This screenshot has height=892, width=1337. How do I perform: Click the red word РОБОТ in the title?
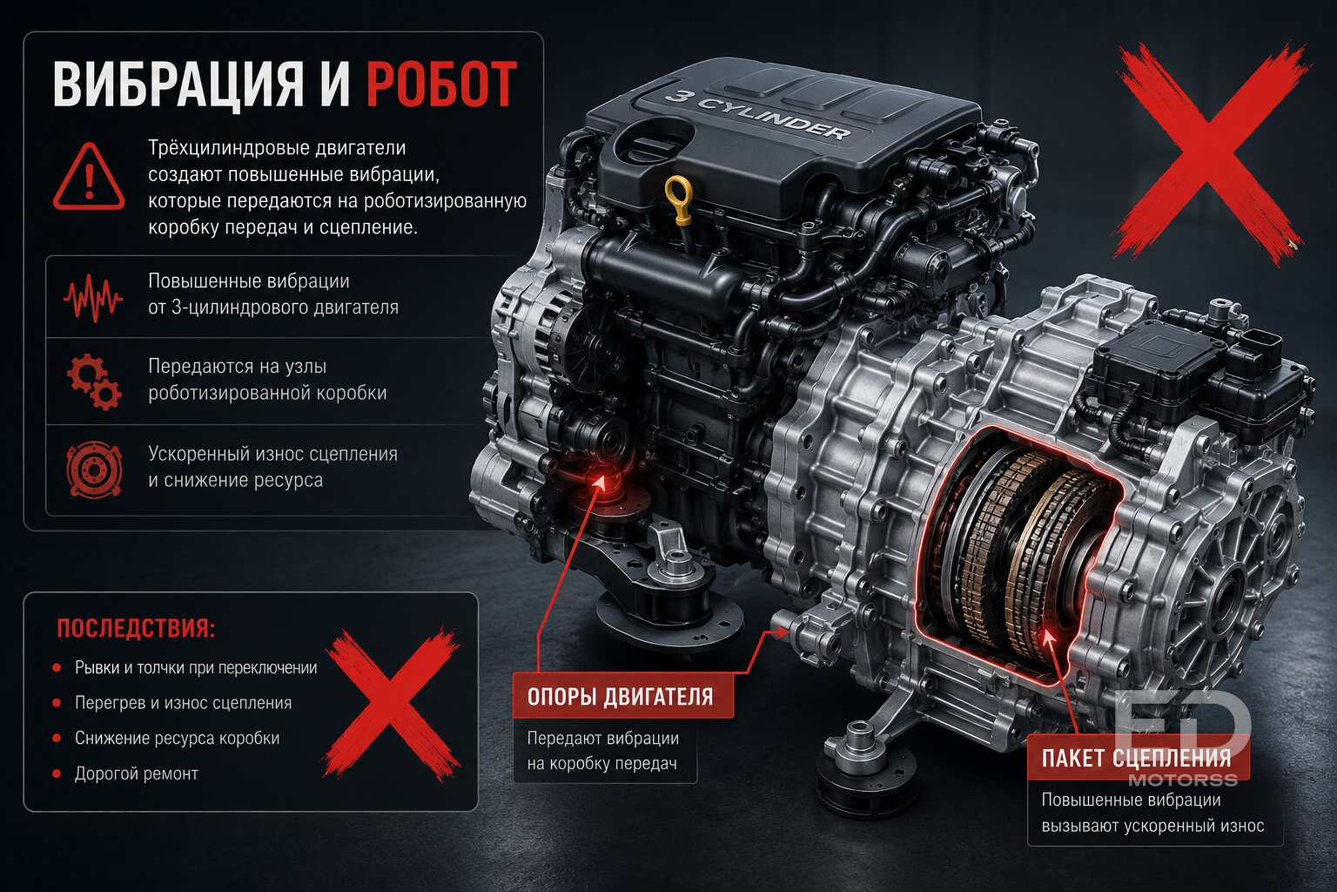[441, 84]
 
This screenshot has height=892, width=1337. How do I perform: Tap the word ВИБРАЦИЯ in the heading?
[178, 84]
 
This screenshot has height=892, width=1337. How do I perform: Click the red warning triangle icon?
[89, 176]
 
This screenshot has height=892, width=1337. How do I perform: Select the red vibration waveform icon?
[93, 298]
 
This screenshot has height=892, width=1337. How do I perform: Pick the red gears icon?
[94, 382]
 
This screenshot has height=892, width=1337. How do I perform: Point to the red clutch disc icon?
[94, 470]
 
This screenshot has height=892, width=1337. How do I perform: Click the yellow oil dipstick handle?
[679, 194]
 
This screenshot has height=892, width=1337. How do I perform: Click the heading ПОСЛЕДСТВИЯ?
[136, 629]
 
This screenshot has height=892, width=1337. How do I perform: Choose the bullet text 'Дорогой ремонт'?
[136, 774]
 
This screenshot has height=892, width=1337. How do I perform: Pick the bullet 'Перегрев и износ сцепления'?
[184, 703]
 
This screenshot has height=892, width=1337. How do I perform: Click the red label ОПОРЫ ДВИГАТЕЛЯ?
[621, 697]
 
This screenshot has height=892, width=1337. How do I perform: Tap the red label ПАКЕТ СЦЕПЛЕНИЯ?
[1137, 758]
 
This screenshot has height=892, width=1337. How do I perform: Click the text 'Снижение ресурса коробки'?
[178, 739]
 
